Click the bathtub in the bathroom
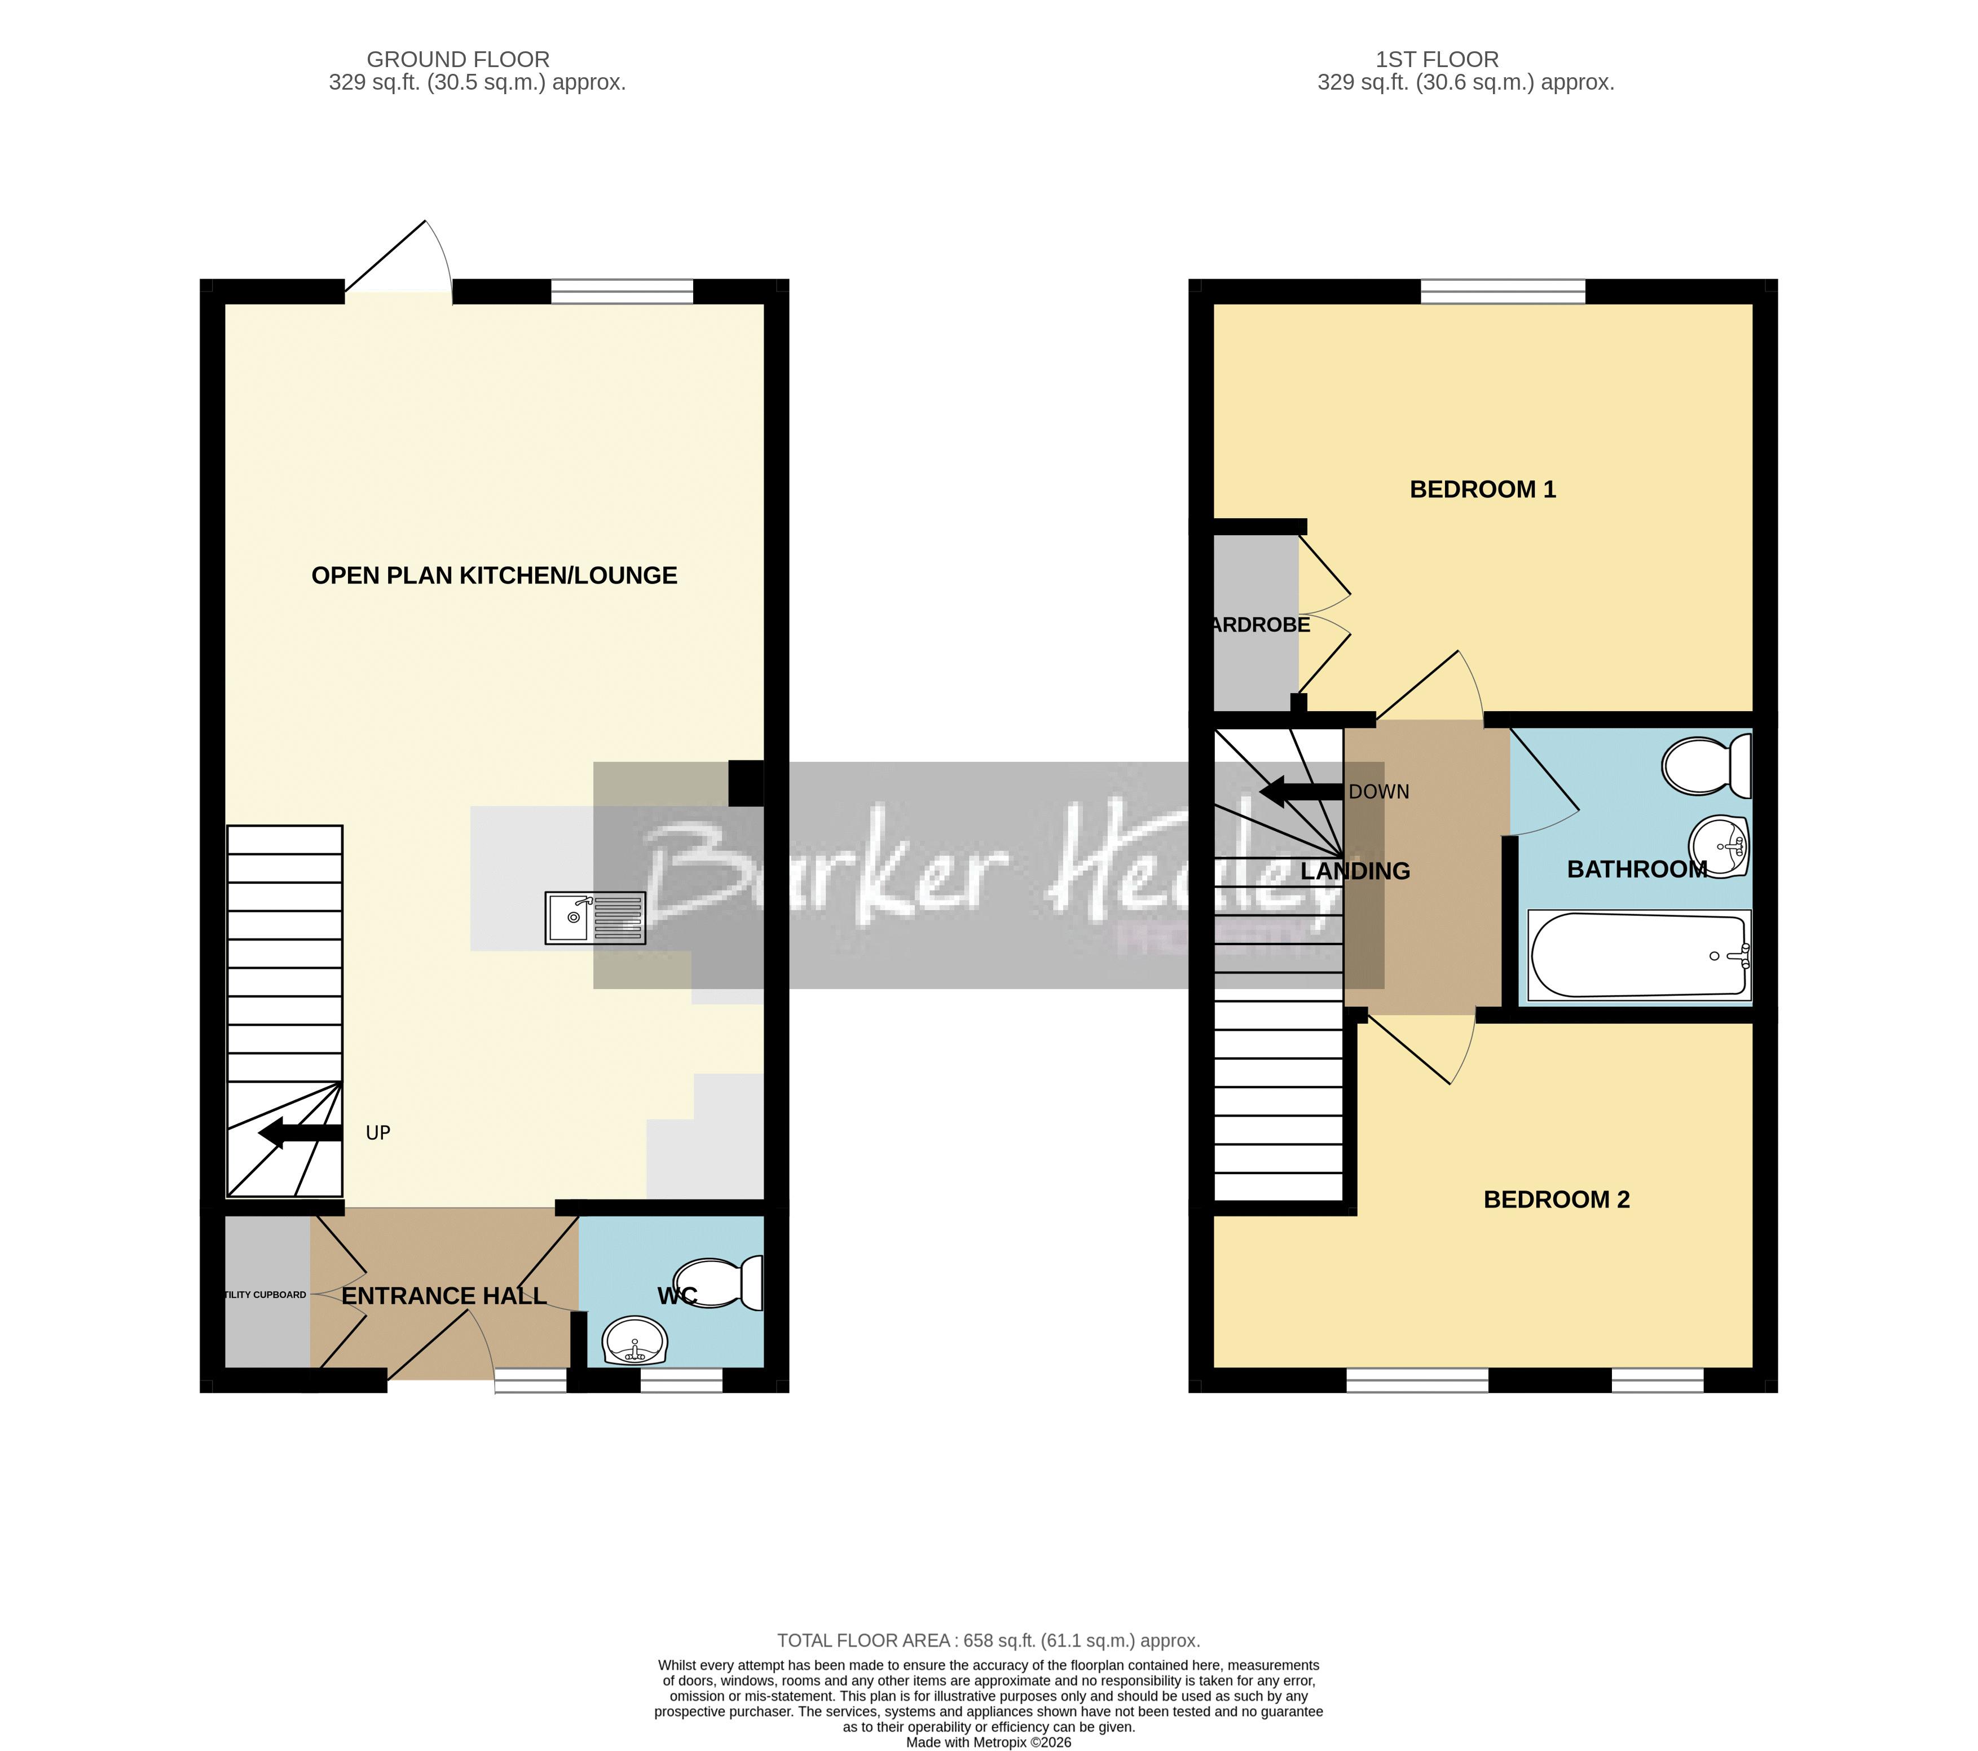(x=1639, y=956)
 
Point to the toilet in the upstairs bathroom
(x=1707, y=765)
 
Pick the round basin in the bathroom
(x=1723, y=846)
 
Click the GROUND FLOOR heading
(x=458, y=59)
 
